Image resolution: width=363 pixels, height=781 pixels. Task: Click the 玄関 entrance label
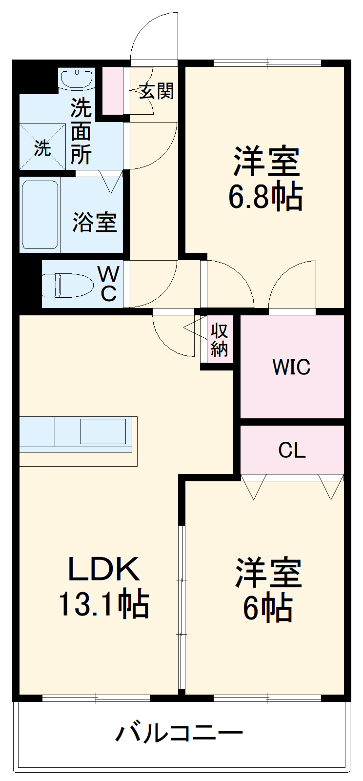click(x=156, y=91)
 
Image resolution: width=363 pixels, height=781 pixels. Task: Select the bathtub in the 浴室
click(x=40, y=215)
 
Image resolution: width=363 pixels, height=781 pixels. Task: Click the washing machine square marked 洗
click(x=42, y=147)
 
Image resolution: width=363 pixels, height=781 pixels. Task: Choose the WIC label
click(x=291, y=367)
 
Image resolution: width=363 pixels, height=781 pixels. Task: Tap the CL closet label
click(x=292, y=450)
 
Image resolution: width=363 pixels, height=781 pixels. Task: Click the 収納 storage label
click(x=219, y=340)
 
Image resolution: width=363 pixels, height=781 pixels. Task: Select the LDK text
click(x=103, y=569)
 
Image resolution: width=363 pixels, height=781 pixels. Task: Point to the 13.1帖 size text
click(x=103, y=604)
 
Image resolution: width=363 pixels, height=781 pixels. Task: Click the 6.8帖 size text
click(x=266, y=196)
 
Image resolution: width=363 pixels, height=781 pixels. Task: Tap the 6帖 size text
click(x=268, y=608)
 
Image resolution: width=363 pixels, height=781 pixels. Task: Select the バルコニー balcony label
click(x=179, y=733)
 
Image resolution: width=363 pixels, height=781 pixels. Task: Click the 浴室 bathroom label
click(x=95, y=222)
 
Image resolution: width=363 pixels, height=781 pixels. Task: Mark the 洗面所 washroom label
click(x=81, y=131)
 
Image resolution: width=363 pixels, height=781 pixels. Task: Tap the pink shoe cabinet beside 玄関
click(x=112, y=91)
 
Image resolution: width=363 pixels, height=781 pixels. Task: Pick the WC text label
click(x=108, y=284)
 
